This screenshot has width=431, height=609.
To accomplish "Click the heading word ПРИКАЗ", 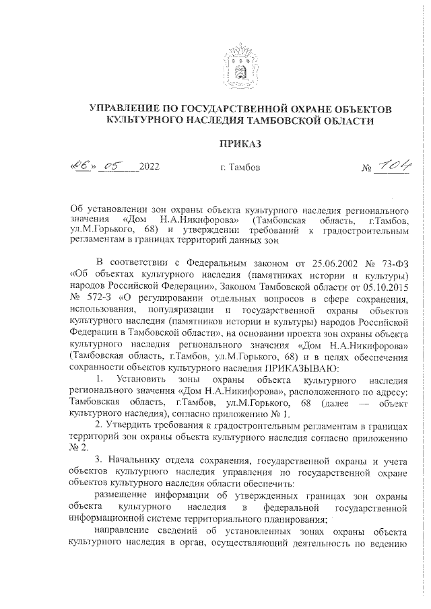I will [240, 143].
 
